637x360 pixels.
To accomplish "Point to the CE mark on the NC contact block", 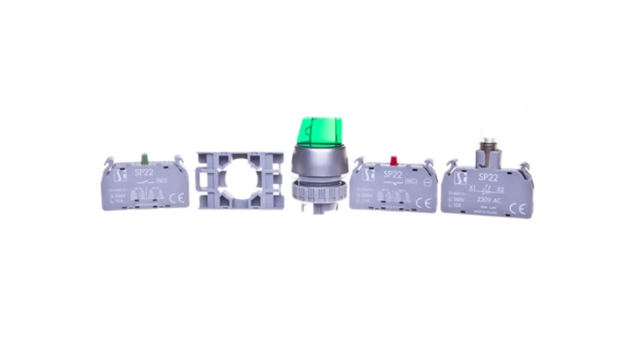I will pos(423,203).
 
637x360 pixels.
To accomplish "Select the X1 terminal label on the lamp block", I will pos(474,188).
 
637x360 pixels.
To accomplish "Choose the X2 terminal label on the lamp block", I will pos(500,188).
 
